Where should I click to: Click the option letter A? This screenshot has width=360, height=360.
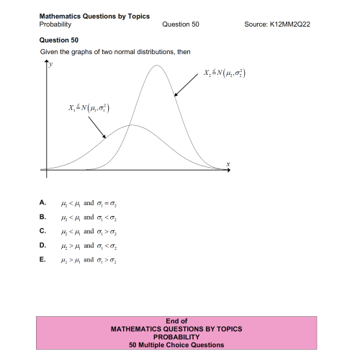coord(42,203)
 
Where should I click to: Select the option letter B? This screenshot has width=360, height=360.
coord(42,217)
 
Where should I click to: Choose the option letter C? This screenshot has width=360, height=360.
coord(42,231)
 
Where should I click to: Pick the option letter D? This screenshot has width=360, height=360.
coord(42,246)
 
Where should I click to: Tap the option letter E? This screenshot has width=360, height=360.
coord(42,259)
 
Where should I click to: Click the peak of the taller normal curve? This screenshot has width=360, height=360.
coord(157,66)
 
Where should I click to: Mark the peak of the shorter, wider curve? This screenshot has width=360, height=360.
coord(131,125)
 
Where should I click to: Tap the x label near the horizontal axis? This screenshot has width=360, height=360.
coord(228,165)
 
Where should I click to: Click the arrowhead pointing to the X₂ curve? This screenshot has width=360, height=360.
coord(174,95)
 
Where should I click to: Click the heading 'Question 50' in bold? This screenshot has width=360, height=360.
coord(58,40)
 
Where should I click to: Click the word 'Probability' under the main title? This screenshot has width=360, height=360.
coord(55,24)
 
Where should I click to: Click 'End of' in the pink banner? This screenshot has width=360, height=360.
coord(176,321)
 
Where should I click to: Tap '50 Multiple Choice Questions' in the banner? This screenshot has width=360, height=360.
coord(176,345)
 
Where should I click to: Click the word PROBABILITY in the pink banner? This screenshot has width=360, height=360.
coord(176,337)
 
